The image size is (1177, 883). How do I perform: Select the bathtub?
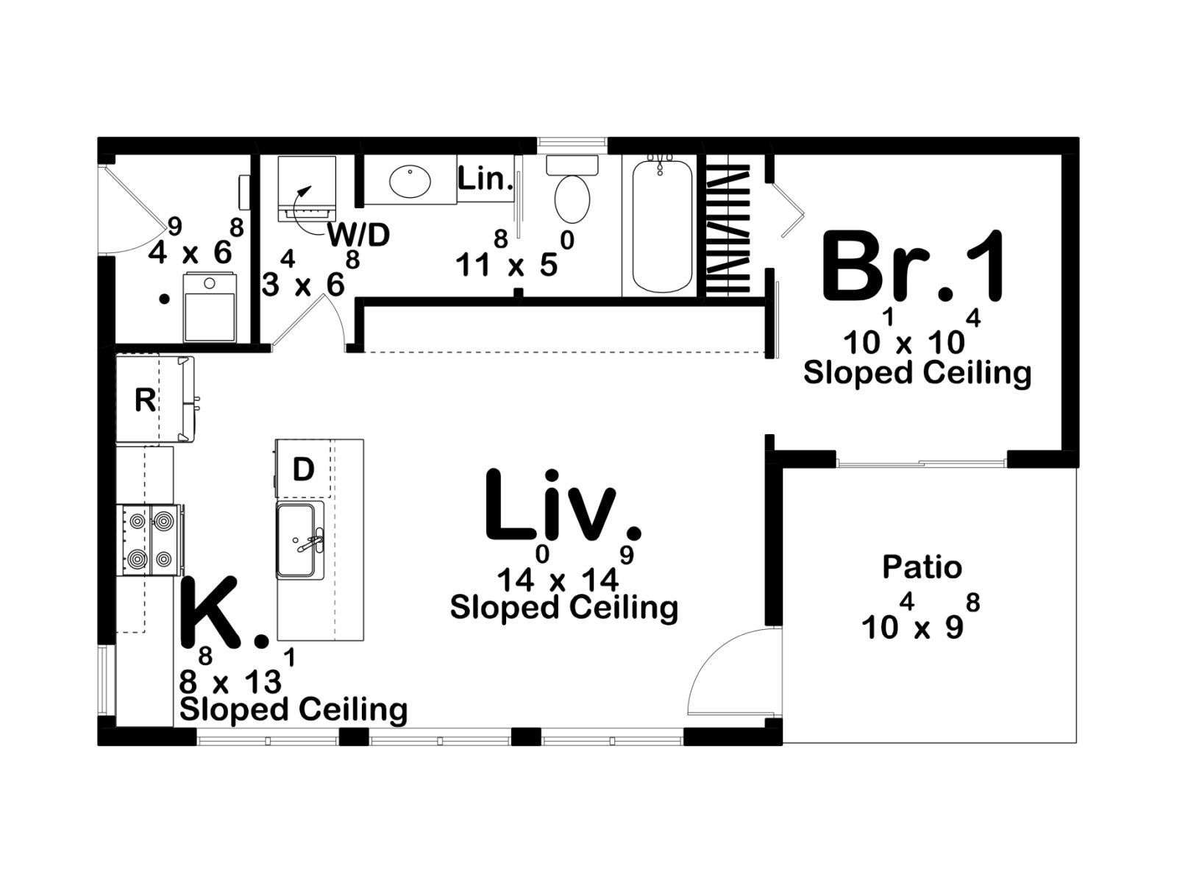661,226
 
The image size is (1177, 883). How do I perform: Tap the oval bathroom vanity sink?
410,181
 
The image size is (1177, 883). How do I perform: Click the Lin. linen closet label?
484,179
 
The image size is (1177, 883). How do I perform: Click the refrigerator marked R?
155,399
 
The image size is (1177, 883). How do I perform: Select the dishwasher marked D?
304,469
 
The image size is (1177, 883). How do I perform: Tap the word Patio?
922,567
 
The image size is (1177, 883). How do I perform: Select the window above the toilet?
572,142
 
